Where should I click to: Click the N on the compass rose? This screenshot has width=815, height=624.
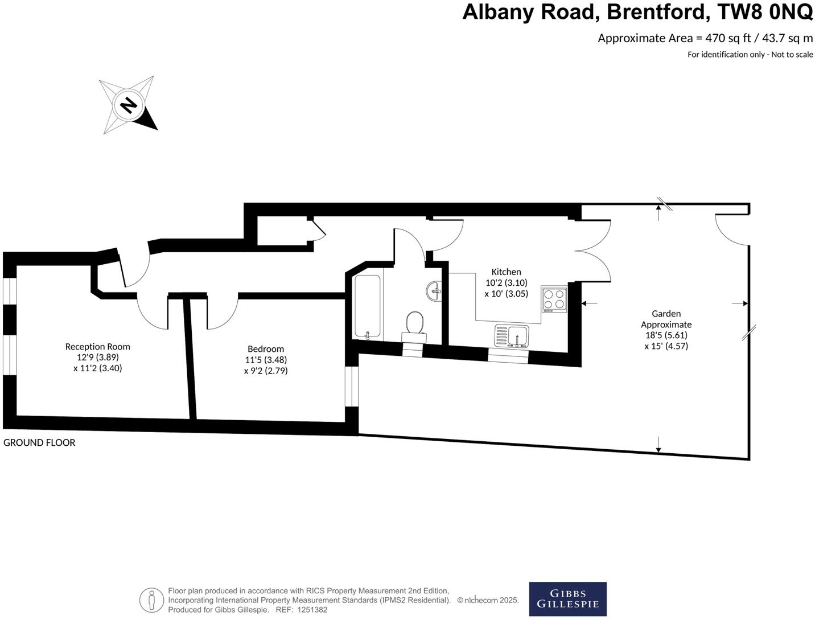129,105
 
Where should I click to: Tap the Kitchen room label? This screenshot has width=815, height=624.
506,272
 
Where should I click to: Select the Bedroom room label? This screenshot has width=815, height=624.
266,349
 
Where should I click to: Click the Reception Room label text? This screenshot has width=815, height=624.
97,346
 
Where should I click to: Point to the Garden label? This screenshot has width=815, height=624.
666,314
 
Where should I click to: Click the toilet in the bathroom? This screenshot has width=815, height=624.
414,326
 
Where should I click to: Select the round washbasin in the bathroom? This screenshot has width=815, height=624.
434,291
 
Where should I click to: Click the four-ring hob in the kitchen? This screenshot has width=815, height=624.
554,299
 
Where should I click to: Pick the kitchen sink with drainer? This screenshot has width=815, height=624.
512,335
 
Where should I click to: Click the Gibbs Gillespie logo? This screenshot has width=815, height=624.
567,599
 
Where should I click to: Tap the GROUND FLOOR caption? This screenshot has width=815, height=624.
39,442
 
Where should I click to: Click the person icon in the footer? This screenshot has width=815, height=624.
151,600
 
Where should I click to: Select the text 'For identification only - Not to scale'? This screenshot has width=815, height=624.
750,55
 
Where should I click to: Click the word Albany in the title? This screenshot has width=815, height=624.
501,11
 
